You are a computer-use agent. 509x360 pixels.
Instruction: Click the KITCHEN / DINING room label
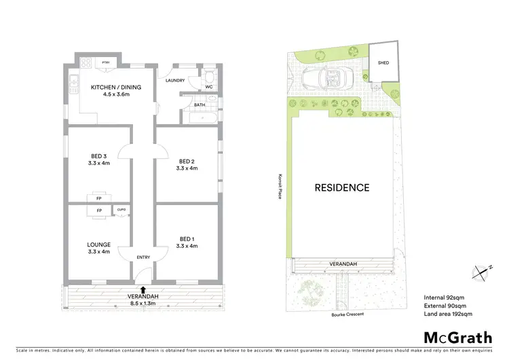(x=112, y=87)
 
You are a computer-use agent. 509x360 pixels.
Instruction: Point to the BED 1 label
(x=187, y=238)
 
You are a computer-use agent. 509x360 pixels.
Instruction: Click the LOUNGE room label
(x=99, y=244)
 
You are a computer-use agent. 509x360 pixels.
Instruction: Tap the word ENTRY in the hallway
(x=143, y=257)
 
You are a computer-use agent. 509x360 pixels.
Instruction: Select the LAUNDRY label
(x=176, y=81)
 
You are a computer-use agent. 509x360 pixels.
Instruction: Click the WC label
(x=209, y=87)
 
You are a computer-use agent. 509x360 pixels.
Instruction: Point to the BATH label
(x=200, y=105)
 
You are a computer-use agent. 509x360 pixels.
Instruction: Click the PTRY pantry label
(x=106, y=62)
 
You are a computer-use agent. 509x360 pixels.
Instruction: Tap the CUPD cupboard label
(x=121, y=211)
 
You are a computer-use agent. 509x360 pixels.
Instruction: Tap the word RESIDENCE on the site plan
(x=341, y=187)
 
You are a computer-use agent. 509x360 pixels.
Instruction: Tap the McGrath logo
(x=458, y=337)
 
